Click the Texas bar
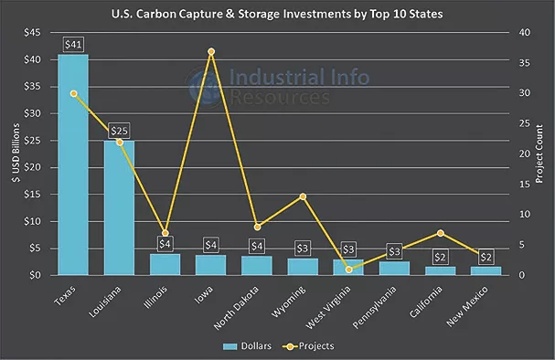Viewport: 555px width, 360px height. coord(73,164)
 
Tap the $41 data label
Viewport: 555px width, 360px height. coord(73,44)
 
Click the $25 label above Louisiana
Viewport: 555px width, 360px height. coord(120,131)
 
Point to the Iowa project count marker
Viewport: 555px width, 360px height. coord(211,51)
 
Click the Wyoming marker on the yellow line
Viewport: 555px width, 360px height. coord(303,196)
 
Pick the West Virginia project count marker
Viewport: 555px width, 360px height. coord(348,270)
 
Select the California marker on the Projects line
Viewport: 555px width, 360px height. coord(441,233)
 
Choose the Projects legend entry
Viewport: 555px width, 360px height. coord(307,345)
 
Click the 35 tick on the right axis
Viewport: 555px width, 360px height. coord(521,63)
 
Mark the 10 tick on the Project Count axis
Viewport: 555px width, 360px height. coord(521,215)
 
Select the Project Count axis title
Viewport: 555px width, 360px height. coord(539,154)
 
